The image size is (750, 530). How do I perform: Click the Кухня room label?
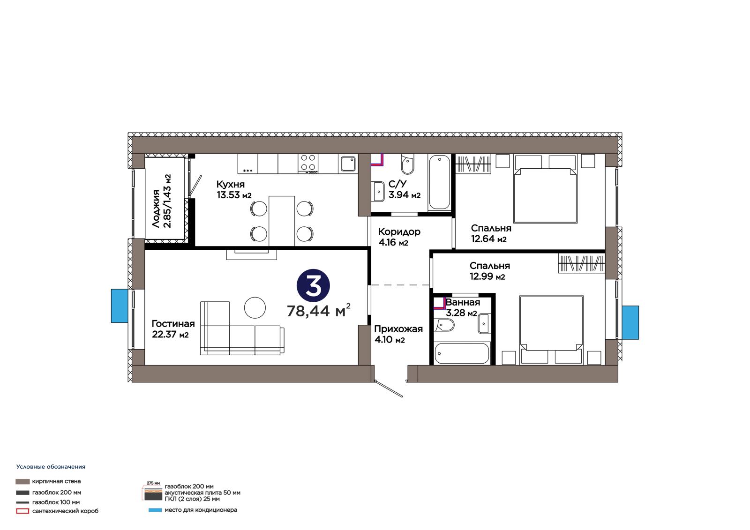(x=230, y=184)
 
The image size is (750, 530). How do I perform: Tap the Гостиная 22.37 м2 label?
(x=173, y=329)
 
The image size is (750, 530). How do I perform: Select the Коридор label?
(x=399, y=231)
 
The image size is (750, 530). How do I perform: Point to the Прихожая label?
(x=398, y=329)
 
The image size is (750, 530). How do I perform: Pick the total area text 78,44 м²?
(x=318, y=310)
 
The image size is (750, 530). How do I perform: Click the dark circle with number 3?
(x=314, y=285)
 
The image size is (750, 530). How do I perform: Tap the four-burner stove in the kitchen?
(x=308, y=164)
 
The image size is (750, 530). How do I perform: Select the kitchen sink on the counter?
(x=348, y=164)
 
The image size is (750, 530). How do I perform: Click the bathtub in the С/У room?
(x=439, y=182)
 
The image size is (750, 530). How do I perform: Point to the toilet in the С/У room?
(x=407, y=164)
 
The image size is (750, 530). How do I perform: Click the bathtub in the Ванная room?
(x=462, y=353)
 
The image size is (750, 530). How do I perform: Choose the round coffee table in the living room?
(x=255, y=308)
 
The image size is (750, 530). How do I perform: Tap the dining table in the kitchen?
(x=282, y=221)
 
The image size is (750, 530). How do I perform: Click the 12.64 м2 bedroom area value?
(x=488, y=239)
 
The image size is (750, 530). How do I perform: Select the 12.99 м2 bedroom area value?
(x=487, y=276)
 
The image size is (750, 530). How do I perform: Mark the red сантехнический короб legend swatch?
(x=22, y=511)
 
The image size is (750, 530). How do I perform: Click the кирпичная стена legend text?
(x=56, y=481)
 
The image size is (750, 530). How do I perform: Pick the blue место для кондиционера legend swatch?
(x=155, y=510)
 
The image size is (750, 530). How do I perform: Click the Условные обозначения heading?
(x=51, y=467)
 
